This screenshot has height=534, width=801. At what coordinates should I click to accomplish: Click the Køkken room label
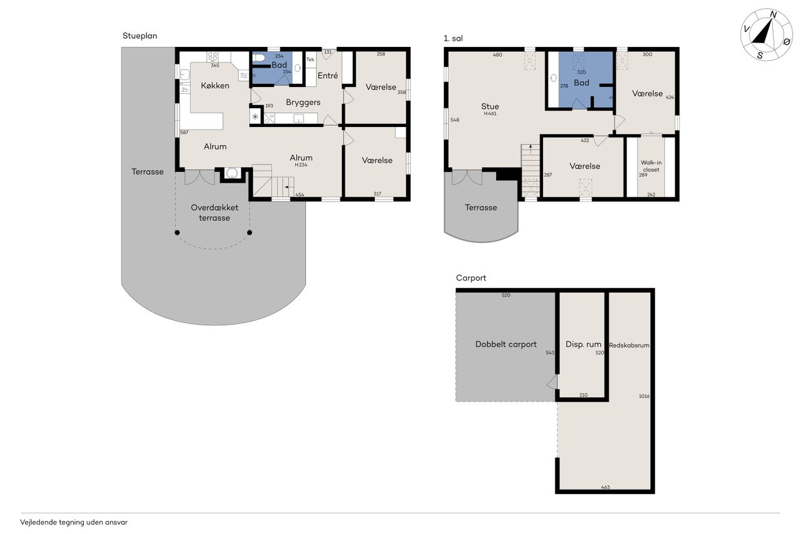(215, 86)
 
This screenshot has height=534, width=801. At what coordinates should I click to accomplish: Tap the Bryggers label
(303, 103)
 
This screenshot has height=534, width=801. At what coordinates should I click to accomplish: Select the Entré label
(327, 76)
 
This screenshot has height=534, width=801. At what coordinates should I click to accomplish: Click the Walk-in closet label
(651, 166)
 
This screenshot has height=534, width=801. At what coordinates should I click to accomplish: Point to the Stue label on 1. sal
(490, 106)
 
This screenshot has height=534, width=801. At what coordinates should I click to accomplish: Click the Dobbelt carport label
(506, 344)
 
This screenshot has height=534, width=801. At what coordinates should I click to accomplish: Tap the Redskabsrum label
(629, 345)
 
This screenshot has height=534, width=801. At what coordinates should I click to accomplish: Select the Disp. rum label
(583, 344)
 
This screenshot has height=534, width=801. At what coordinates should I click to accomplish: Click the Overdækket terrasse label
(215, 212)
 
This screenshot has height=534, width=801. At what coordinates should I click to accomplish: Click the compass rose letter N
(773, 14)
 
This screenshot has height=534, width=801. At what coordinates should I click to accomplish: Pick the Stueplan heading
(140, 36)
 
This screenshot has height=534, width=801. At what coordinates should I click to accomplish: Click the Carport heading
(471, 278)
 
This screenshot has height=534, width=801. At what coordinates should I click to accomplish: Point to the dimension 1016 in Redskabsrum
(644, 396)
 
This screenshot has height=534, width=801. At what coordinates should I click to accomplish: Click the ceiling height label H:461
(490, 113)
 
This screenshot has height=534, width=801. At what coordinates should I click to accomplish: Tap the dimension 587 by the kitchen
(184, 132)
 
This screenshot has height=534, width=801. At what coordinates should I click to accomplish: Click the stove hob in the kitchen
(213, 57)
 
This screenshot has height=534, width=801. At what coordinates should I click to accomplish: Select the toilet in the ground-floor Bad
(258, 58)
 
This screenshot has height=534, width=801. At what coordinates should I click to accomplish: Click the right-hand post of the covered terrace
(250, 232)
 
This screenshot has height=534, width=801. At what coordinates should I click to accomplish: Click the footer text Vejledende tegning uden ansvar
(74, 522)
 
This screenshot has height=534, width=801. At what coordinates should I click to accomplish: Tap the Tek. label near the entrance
(310, 59)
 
